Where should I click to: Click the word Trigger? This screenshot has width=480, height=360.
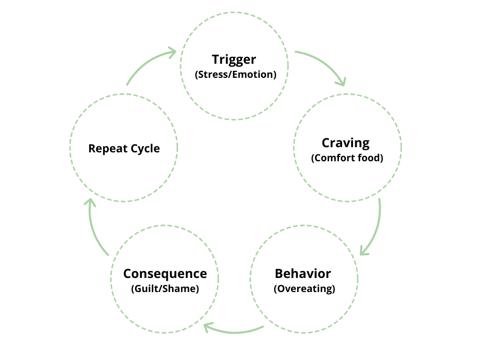pos(234,60)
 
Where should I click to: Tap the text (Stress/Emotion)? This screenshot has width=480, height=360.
pos(234,74)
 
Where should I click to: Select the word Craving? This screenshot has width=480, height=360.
pos(345,143)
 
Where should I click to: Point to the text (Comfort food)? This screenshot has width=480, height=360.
pos(347,158)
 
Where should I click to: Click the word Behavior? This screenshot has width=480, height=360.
pos(303,273)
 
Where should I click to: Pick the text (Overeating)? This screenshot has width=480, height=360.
pos(304,288)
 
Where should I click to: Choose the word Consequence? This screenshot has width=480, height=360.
pos(165,273)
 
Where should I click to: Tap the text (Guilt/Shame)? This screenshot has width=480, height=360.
pos(165,288)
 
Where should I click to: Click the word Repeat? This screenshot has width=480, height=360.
pos(108,149)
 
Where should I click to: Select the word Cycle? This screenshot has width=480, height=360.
pos(144,149)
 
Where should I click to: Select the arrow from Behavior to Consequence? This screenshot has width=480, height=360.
pos(234,331)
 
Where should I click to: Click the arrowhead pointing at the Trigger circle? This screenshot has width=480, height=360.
pos(172,52)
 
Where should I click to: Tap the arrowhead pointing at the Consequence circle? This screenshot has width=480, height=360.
pos(207,326)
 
